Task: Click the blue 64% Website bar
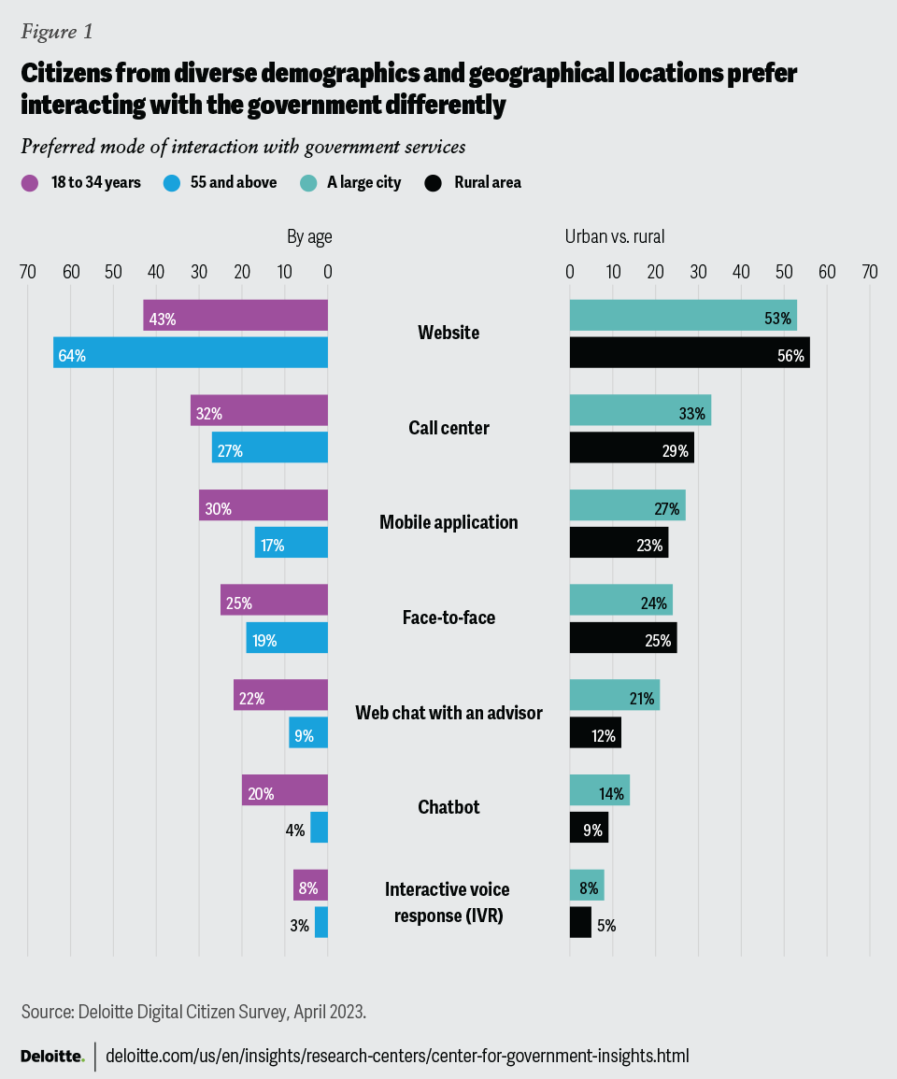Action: pyautogui.click(x=191, y=353)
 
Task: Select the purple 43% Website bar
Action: pyautogui.click(x=235, y=316)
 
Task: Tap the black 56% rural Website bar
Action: pyautogui.click(x=690, y=353)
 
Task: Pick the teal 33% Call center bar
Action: pyautogui.click(x=640, y=410)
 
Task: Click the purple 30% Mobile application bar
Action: pyautogui.click(x=263, y=505)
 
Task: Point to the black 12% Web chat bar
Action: pyautogui.click(x=595, y=732)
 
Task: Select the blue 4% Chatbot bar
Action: pyautogui.click(x=320, y=827)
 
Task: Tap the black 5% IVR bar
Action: pyautogui.click(x=580, y=922)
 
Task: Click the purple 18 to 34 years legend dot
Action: pyautogui.click(x=29, y=183)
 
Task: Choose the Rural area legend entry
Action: pyautogui.click(x=487, y=183)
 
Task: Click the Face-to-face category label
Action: pyautogui.click(x=448, y=618)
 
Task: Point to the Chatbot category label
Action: pyautogui.click(x=448, y=807)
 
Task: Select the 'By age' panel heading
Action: pyautogui.click(x=309, y=237)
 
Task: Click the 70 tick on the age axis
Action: pyautogui.click(x=27, y=272)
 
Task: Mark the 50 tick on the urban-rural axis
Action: pyautogui.click(x=784, y=272)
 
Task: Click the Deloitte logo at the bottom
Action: pyautogui.click(x=52, y=1057)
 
